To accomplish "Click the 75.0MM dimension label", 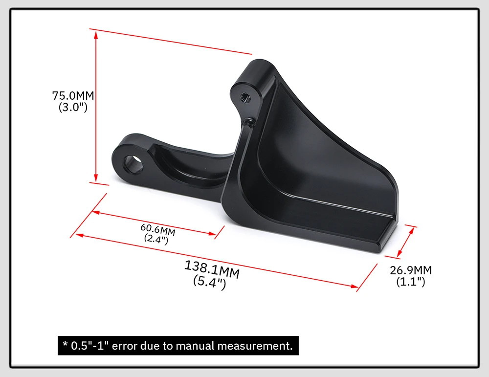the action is [73, 95].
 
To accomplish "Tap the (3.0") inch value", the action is [73, 107].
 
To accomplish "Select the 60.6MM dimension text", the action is [158, 230].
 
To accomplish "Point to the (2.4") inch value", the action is [156, 239].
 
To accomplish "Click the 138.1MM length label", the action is [212, 269].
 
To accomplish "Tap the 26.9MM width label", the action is [411, 270].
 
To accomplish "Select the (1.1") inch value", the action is [411, 282].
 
